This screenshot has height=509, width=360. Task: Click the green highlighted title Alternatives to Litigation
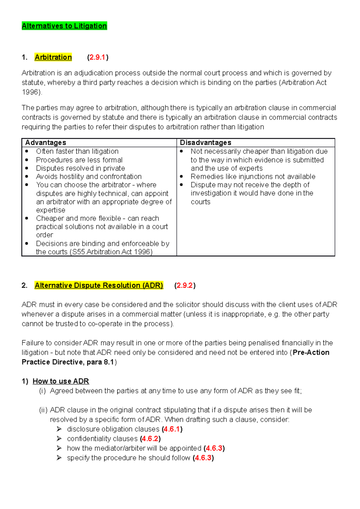(64, 26)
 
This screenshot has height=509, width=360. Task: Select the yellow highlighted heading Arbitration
(53, 57)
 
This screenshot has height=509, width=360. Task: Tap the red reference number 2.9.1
(97, 57)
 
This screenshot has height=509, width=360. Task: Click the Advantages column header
(46, 143)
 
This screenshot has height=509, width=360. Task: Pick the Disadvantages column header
(205, 143)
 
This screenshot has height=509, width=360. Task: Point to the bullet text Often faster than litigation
(77, 151)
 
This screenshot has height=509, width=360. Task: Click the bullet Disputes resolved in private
(80, 168)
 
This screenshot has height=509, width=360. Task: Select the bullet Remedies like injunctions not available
(253, 177)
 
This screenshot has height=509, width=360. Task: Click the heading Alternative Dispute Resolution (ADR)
(99, 285)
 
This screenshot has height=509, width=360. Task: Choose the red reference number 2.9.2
(184, 285)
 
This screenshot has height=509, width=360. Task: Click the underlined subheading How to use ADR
(61, 381)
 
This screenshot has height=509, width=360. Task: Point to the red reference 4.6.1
(172, 429)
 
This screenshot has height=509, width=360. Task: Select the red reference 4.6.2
(150, 439)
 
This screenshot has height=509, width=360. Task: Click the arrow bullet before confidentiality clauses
(59, 439)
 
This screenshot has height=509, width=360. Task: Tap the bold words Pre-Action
(311, 353)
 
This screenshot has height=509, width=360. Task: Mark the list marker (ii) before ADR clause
(43, 410)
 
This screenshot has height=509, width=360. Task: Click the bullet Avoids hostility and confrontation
(88, 177)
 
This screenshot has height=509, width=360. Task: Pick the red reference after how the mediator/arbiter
(214, 448)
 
